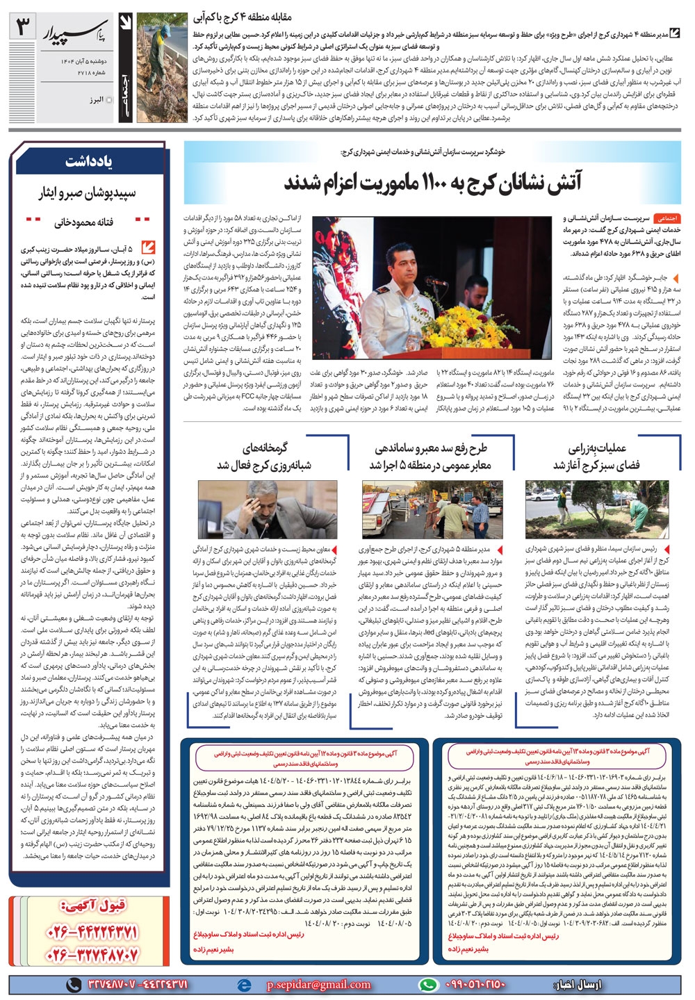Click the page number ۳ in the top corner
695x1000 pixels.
pyautogui.click(x=25, y=28)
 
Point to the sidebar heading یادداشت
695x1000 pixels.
pyautogui.click(x=89, y=162)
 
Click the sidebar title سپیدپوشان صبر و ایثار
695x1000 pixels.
pyautogui.click(x=88, y=192)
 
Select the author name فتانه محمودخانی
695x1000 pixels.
pyautogui.click(x=83, y=222)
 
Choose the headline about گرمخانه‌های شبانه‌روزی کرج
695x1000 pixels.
pyautogui.click(x=265, y=457)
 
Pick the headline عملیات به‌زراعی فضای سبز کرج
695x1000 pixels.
pyautogui.click(x=597, y=457)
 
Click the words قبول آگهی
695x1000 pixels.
pyautogui.click(x=94, y=905)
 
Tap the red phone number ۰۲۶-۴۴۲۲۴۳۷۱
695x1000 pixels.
pyautogui.click(x=93, y=932)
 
